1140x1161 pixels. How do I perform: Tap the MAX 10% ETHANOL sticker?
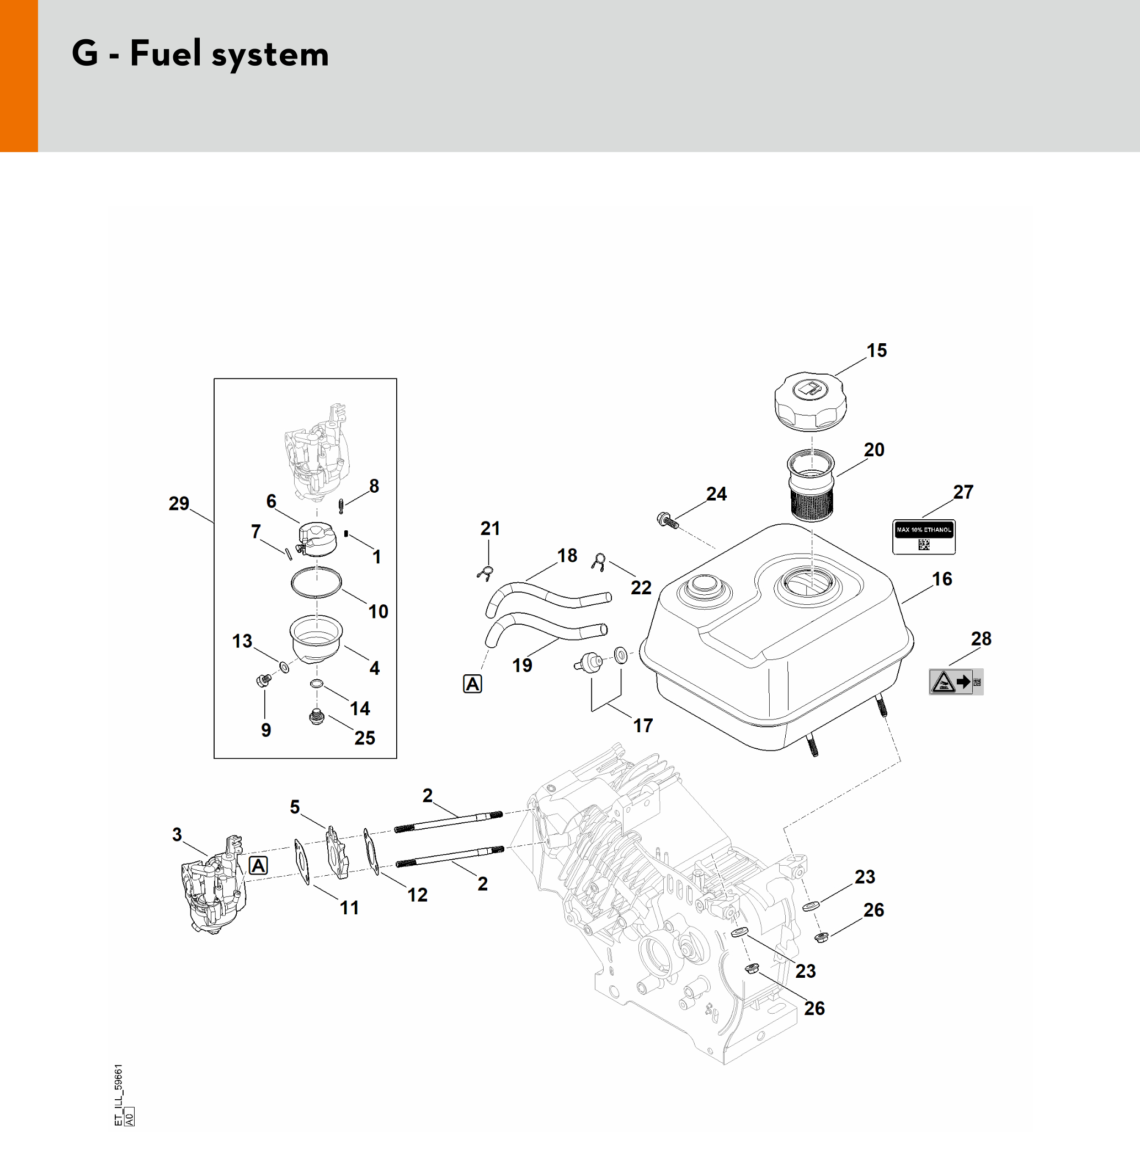coord(923,536)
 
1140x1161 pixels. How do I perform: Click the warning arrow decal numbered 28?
coord(956,682)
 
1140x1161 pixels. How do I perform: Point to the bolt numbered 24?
coord(668,520)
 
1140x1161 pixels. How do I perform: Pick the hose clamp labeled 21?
coord(486,573)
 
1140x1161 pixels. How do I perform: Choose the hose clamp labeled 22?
coord(598,562)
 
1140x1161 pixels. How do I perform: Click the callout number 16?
coord(942,579)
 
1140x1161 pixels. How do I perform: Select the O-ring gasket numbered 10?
coord(316,582)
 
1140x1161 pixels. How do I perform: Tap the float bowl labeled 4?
coord(316,638)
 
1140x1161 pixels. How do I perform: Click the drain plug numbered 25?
coord(317,717)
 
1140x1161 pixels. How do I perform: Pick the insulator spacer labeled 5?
coord(337,853)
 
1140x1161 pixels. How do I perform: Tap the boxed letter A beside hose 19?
coord(472,684)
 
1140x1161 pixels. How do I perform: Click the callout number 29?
coord(178,504)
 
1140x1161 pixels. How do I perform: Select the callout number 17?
coord(643,726)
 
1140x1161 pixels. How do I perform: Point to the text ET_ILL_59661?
coord(119,1086)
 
